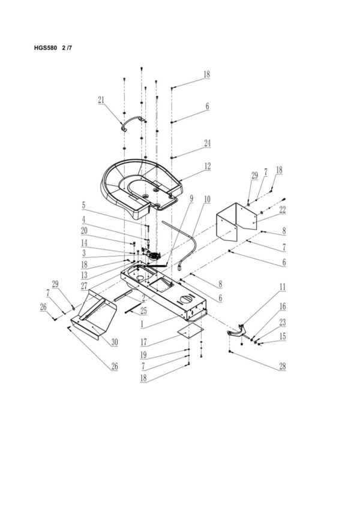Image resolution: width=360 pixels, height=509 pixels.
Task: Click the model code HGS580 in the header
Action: click(45, 48)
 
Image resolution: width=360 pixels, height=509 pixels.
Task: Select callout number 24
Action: click(207, 143)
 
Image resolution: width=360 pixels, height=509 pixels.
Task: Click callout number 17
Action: click(143, 344)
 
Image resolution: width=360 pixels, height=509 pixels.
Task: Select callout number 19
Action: click(143, 355)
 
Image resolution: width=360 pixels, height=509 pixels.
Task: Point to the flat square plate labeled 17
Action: click(191, 329)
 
